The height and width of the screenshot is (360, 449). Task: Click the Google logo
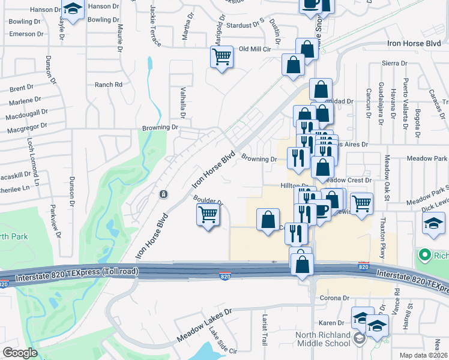click(20, 352)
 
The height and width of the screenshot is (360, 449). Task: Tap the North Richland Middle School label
click(324, 339)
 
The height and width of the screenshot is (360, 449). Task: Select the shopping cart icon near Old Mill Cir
click(221, 58)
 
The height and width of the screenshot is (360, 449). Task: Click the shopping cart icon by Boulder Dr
click(208, 214)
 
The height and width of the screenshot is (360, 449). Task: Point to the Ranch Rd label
click(109, 85)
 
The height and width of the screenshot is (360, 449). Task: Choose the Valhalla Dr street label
click(183, 102)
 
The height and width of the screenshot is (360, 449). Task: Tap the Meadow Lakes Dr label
click(204, 326)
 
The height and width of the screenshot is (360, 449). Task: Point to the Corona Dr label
click(334, 298)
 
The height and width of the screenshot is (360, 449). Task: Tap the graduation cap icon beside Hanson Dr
click(73, 10)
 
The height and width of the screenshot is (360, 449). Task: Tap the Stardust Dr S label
click(246, 26)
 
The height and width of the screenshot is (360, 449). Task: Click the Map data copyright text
click(422, 355)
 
